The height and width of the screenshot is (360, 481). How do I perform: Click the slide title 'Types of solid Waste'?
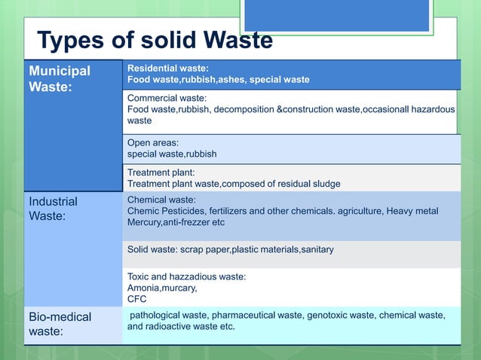tap(155, 40)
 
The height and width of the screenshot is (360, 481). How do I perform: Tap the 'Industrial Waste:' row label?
tap(53, 209)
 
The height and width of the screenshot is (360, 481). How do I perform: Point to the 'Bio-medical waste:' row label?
tap(60, 324)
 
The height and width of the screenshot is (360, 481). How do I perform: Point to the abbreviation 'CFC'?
tap(137, 298)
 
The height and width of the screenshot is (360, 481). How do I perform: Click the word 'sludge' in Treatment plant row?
tap(326, 184)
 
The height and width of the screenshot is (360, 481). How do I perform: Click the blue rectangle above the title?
tap(337, 15)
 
